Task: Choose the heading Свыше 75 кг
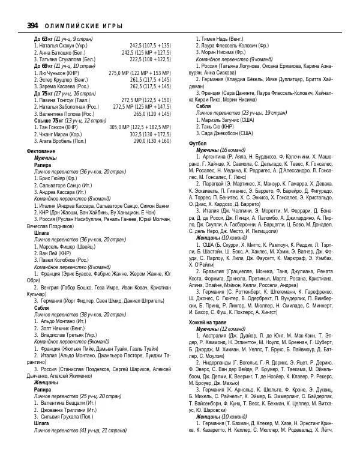coord(47,121)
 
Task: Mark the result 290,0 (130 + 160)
coord(152,141)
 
